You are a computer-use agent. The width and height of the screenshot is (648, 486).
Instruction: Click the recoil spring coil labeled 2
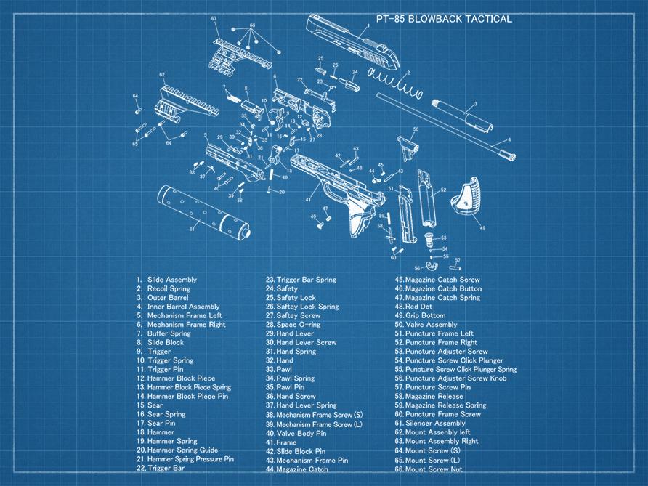pyautogui.click(x=396, y=81)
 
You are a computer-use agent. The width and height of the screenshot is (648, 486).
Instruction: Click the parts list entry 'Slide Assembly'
pyautogui.click(x=171, y=280)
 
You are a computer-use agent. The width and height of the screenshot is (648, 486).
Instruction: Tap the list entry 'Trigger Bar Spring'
pyautogui.click(x=306, y=280)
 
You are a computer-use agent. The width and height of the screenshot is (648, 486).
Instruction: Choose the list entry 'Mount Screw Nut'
pyautogui.click(x=434, y=469)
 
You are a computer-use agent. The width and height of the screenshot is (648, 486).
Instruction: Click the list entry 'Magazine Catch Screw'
pyautogui.click(x=442, y=280)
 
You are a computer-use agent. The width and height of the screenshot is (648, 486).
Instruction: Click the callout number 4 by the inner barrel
pyautogui.click(x=509, y=139)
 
